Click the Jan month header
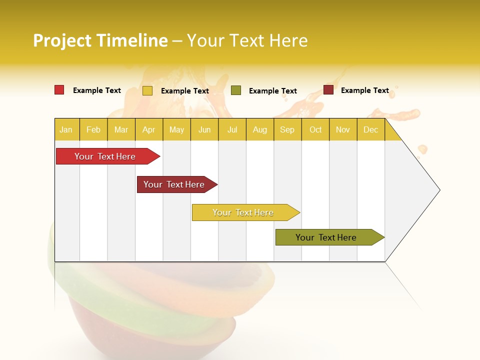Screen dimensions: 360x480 point(66,129)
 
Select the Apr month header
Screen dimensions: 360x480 point(149,129)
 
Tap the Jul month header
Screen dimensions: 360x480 point(232,129)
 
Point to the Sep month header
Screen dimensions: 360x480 point(287,129)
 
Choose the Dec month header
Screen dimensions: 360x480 point(370,129)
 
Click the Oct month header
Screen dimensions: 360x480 point(315,129)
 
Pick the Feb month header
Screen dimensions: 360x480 point(93,129)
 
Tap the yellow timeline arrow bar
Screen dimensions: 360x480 point(243,212)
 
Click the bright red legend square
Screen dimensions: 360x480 point(59,90)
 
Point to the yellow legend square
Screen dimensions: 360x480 point(147,90)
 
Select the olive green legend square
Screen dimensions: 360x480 point(236,90)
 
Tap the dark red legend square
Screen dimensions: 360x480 point(328,90)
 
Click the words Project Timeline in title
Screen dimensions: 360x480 point(100,40)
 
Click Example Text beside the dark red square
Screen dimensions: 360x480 point(364,90)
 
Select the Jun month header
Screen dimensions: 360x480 point(204,129)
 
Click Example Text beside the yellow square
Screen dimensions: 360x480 point(184,91)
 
